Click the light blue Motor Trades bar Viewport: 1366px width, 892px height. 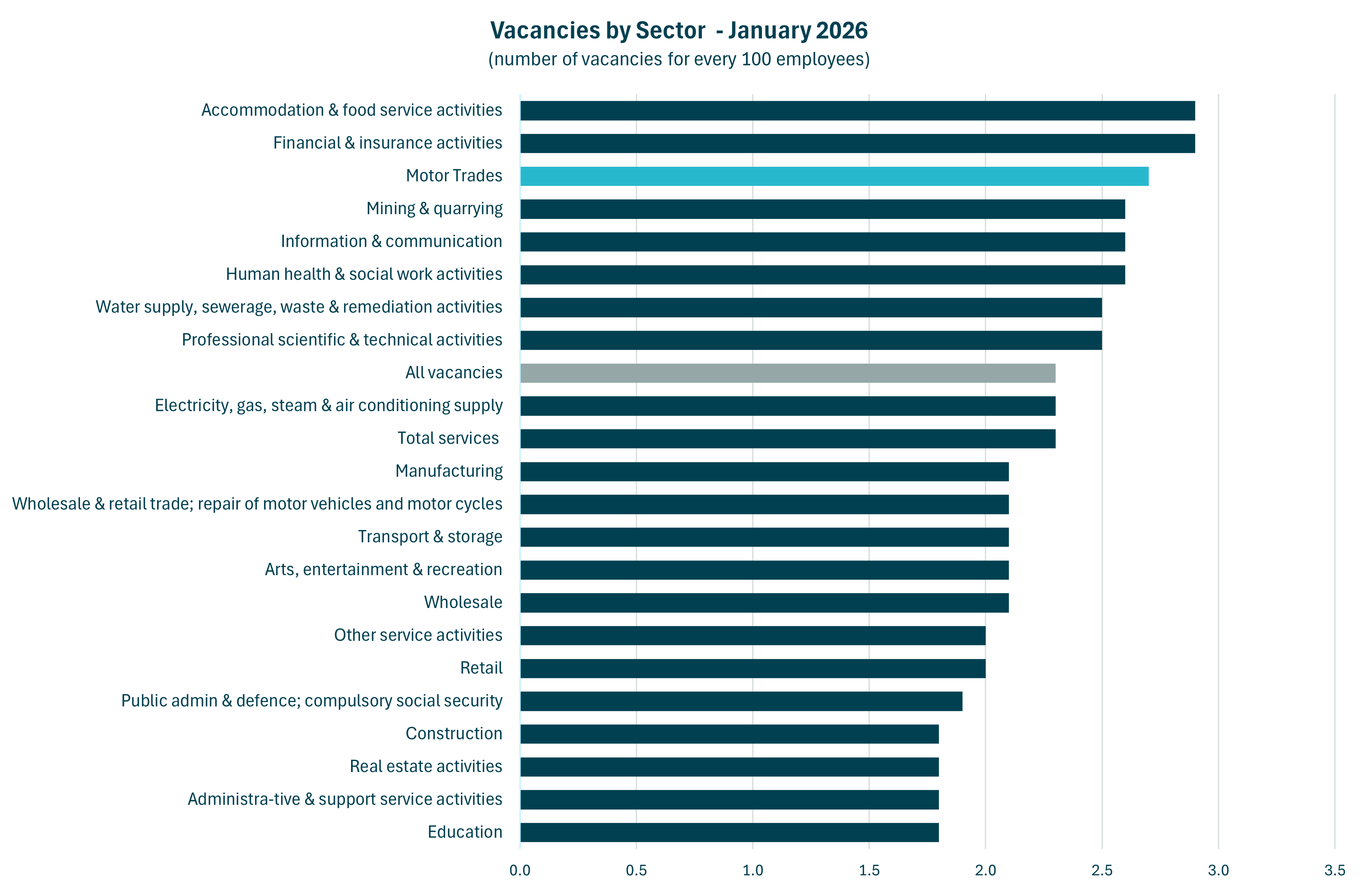[834, 176]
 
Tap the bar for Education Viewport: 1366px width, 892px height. [729, 832]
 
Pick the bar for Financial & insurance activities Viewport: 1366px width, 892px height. [857, 144]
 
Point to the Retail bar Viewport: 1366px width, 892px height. [753, 668]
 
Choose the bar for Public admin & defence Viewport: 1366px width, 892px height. [741, 701]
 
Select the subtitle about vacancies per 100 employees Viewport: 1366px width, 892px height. [679, 59]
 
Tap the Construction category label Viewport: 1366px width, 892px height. [454, 734]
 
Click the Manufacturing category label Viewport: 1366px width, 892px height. [449, 471]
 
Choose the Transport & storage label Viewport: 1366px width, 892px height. [430, 537]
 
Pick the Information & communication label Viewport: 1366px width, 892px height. [391, 242]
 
